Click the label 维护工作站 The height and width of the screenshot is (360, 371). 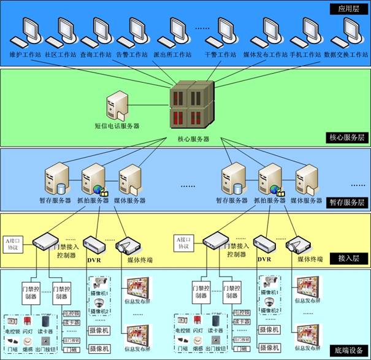point(25,55)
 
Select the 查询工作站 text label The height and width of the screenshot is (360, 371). point(96,55)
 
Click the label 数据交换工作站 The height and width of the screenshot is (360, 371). point(346,55)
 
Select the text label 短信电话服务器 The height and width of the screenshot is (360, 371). point(117,126)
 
